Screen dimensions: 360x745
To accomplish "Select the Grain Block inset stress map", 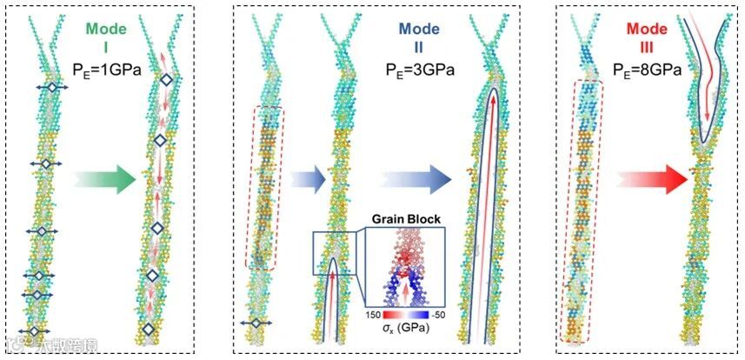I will pyautogui.click(x=403, y=265).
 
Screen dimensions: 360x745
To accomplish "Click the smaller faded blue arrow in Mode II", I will pyautogui.click(x=306, y=180).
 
